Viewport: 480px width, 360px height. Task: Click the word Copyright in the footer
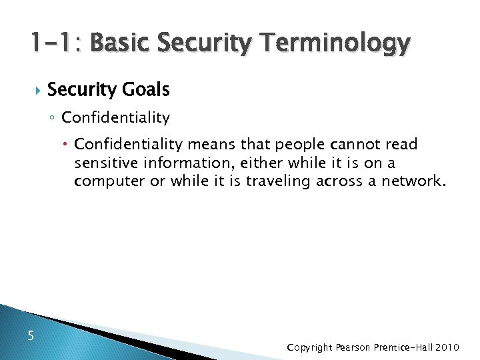coord(311,347)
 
